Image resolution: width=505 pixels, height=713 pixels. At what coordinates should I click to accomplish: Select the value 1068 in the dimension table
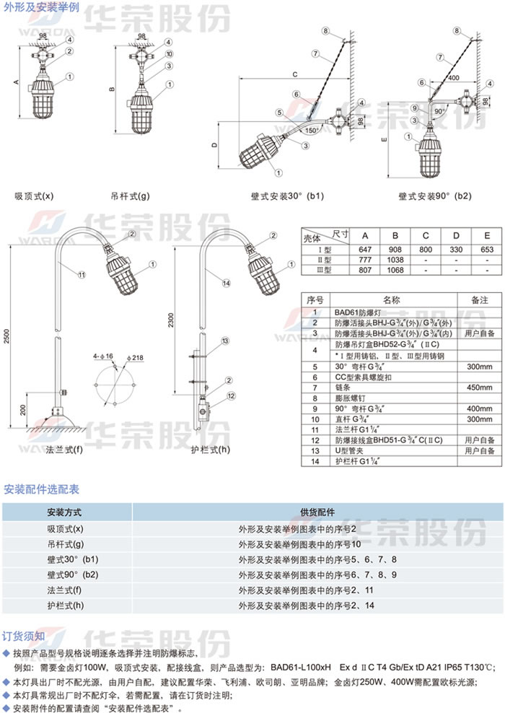tap(395, 269)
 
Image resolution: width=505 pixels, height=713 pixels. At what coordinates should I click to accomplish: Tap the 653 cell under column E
tap(488, 248)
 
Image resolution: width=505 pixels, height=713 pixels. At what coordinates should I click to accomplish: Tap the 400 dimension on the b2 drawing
tap(453, 77)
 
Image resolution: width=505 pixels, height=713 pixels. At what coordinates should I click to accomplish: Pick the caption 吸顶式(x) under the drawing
tap(34, 196)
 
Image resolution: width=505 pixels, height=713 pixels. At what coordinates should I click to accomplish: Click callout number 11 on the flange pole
tap(81, 274)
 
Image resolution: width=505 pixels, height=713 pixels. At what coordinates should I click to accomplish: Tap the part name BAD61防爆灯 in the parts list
tap(361, 312)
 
